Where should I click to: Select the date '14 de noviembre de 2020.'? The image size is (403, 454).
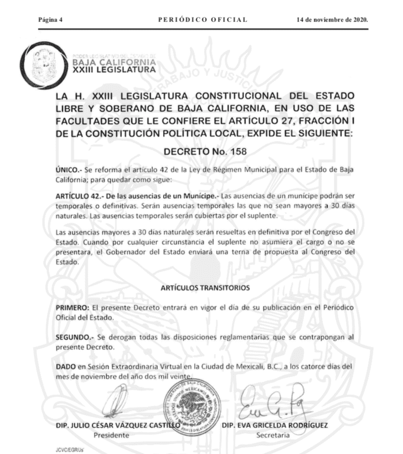click(332, 20)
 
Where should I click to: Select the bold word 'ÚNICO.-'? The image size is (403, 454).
click(67, 169)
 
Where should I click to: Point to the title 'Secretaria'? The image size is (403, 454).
click(272, 435)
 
